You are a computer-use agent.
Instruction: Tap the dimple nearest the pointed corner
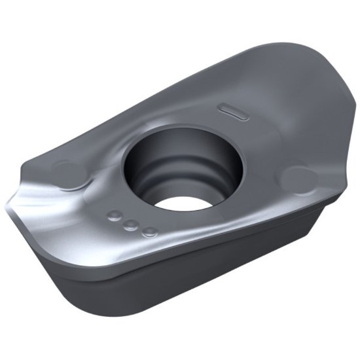tap(117, 215)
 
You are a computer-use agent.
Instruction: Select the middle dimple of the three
tap(132, 224)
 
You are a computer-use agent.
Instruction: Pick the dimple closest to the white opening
tap(149, 231)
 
